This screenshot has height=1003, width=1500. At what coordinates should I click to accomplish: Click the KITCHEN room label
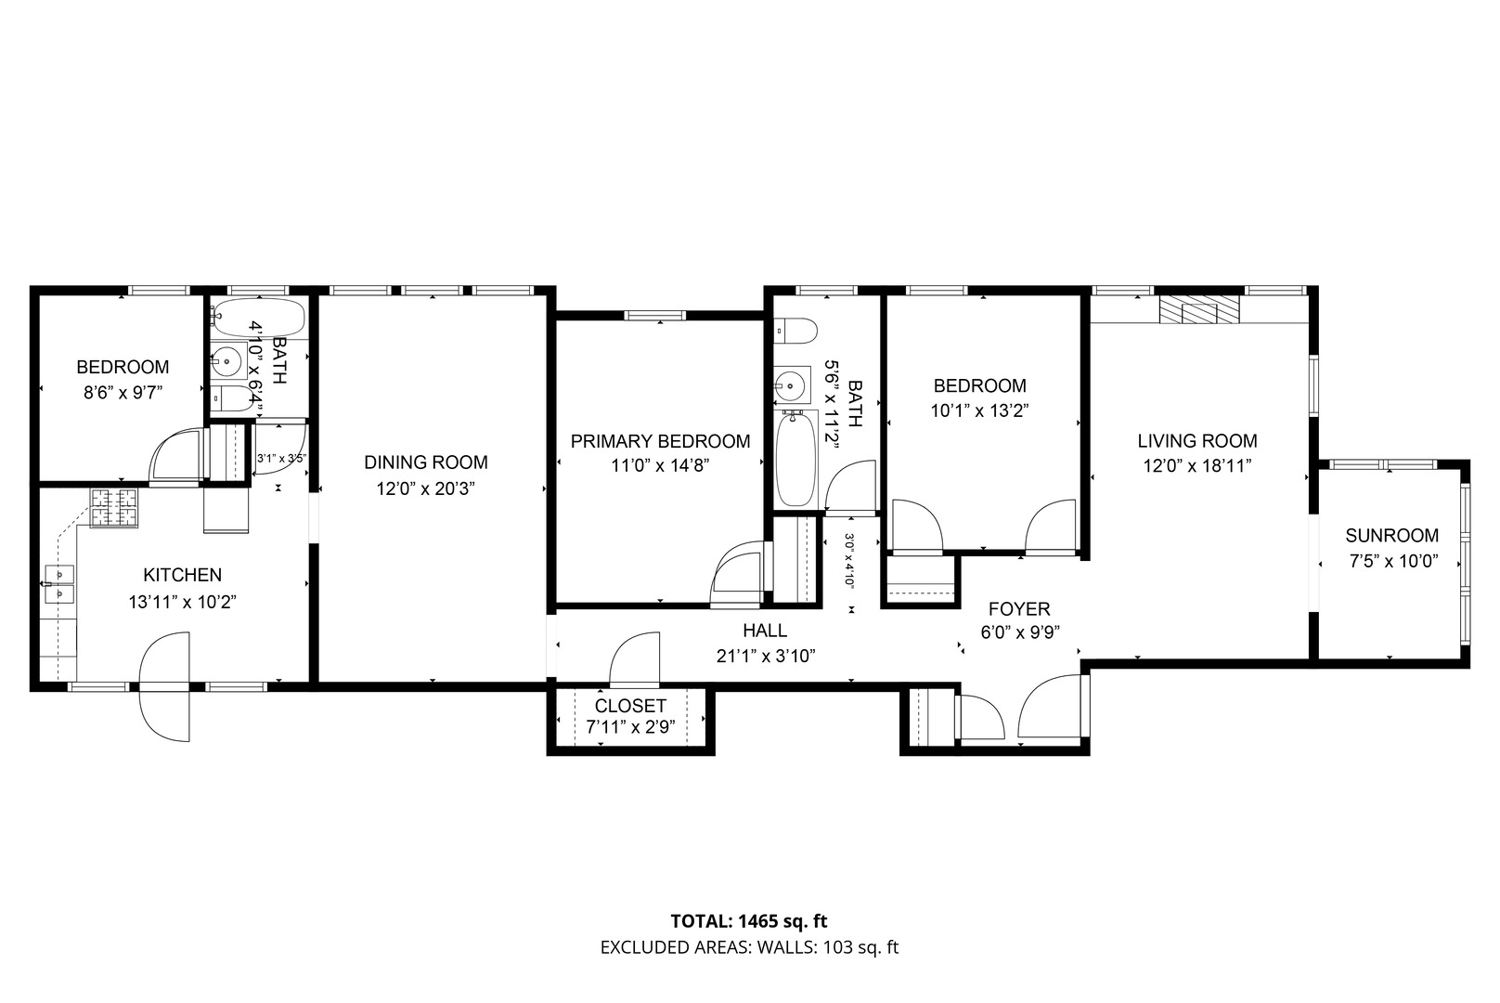click(182, 575)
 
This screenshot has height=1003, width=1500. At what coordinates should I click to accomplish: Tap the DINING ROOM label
click(426, 462)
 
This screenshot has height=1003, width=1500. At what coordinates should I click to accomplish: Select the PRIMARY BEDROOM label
click(660, 441)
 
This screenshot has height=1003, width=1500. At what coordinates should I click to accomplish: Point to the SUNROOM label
click(1392, 535)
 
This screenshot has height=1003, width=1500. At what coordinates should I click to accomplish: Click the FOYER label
click(1019, 609)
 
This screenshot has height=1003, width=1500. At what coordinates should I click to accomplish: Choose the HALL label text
click(765, 631)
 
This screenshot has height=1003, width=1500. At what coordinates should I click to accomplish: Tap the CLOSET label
click(630, 706)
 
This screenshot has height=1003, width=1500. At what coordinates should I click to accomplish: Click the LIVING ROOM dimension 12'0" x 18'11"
click(1197, 466)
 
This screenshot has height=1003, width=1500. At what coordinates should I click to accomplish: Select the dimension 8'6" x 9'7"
click(123, 393)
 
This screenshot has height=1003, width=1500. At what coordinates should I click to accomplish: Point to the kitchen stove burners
click(114, 509)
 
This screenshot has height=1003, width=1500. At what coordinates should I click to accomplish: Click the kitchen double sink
click(58, 584)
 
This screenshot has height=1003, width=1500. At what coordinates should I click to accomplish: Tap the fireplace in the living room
click(1199, 310)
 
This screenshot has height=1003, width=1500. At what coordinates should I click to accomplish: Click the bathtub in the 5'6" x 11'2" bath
click(795, 459)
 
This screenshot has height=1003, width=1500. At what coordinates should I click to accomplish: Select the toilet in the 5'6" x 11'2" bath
click(795, 331)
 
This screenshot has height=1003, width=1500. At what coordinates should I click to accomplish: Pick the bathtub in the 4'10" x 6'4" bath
click(258, 317)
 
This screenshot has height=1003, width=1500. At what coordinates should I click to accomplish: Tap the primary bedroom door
click(738, 574)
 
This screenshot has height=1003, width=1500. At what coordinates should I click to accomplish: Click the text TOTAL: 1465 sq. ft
click(749, 921)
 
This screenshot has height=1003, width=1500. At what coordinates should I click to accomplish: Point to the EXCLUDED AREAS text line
click(749, 947)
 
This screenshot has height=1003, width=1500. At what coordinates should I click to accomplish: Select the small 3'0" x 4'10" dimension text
click(849, 560)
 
